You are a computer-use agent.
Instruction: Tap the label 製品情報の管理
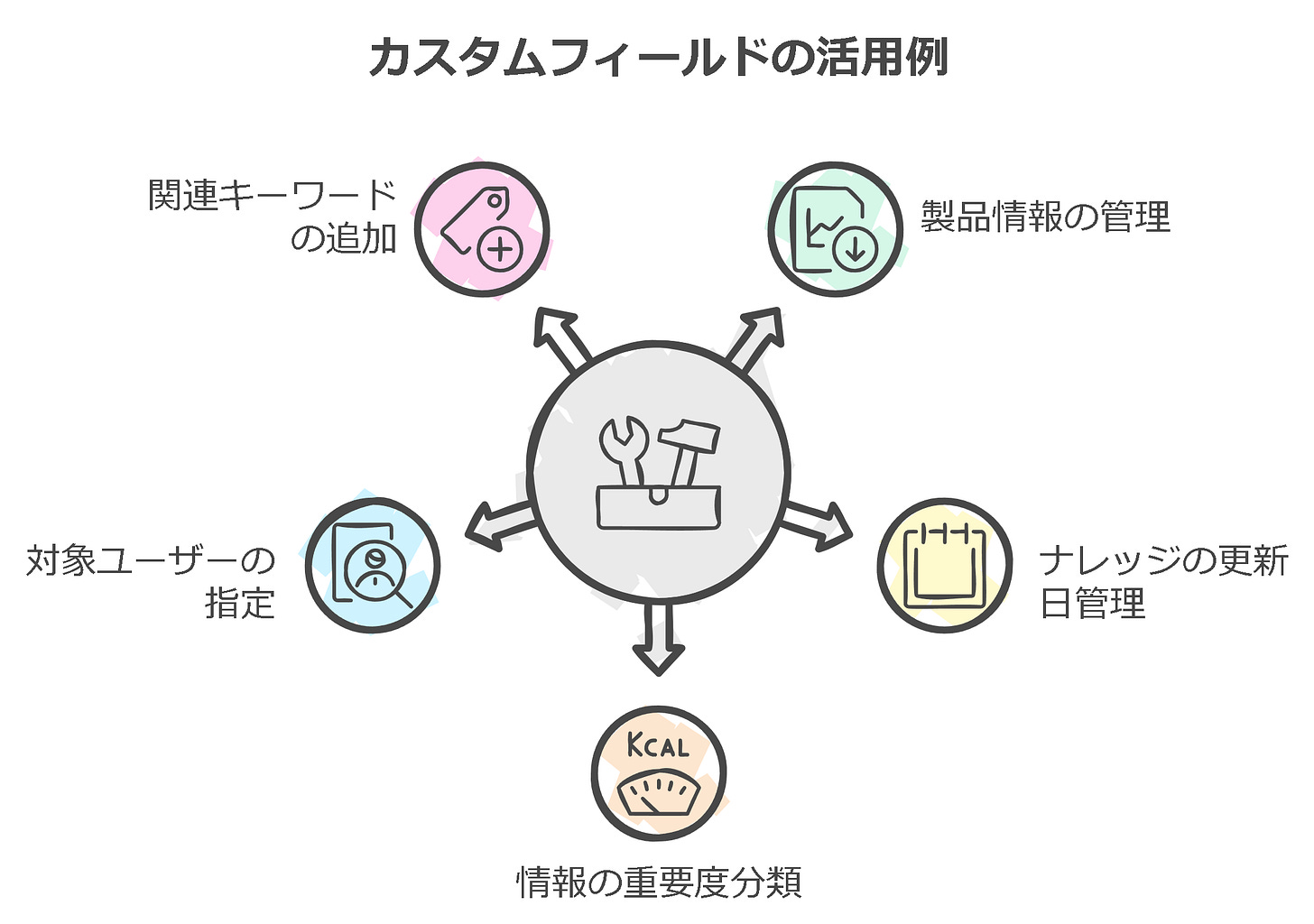click(x=1045, y=217)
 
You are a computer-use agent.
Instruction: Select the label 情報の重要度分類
click(x=659, y=882)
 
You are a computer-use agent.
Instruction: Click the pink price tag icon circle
click(x=481, y=229)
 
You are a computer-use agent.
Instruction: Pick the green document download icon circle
click(x=835, y=229)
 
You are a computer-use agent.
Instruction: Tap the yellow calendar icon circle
click(x=944, y=565)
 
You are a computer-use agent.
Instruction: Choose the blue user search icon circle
click(x=372, y=565)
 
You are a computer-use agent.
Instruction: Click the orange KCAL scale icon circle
click(x=659, y=773)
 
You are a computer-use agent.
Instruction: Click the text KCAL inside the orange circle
click(x=658, y=746)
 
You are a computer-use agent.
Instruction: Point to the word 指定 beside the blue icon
click(x=240, y=603)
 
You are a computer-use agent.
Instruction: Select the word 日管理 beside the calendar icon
click(x=1092, y=603)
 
